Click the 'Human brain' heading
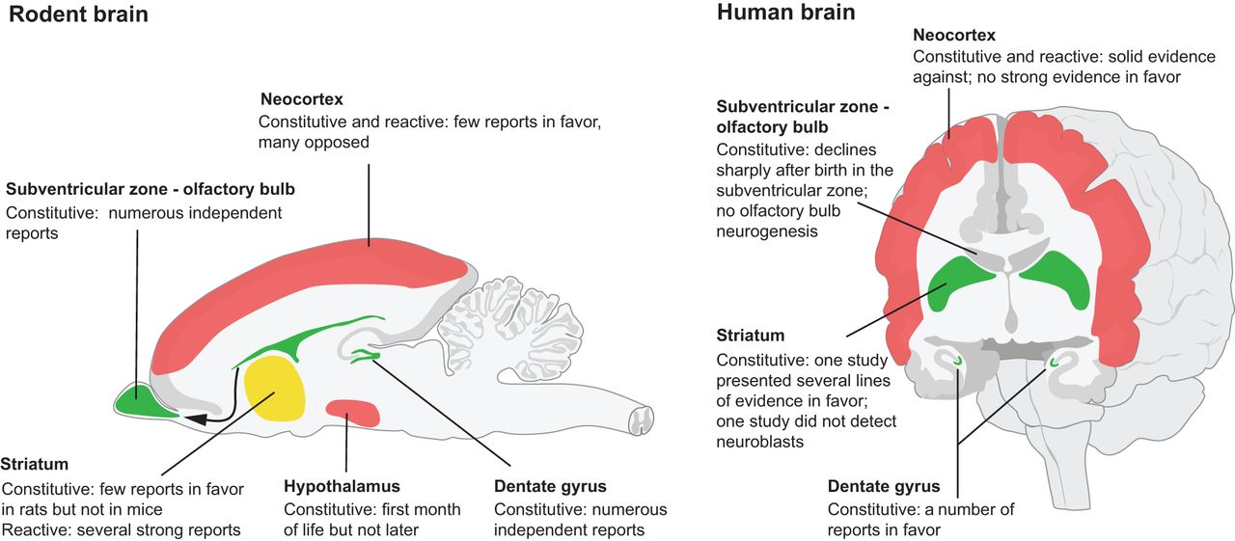785,13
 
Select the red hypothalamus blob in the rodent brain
352,411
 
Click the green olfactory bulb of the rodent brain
140,397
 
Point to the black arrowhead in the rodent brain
194,419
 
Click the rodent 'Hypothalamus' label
342,486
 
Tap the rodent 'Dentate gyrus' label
550,486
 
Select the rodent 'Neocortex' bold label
301,99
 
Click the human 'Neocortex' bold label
953,36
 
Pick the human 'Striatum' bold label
750,337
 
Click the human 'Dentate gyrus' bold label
883,486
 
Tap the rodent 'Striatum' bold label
35,464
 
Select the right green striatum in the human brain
1054,281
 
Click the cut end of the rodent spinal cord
642,419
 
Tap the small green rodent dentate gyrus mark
365,357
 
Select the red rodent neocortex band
318,280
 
